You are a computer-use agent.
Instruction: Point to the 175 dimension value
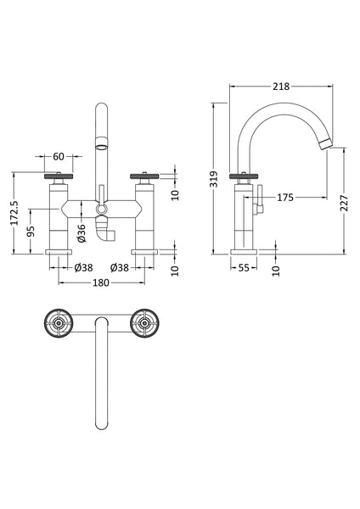(284, 198)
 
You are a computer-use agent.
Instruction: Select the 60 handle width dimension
(58, 157)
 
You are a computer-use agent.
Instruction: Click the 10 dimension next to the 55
(276, 269)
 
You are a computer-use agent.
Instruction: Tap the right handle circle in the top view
(144, 322)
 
